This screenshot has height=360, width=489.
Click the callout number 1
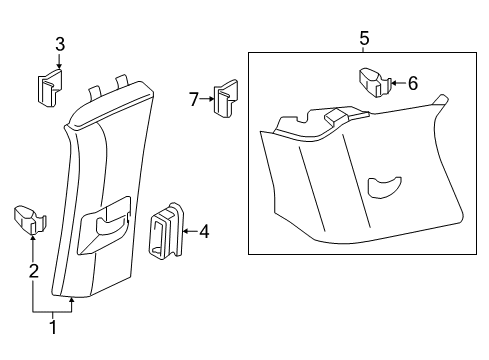[53, 327]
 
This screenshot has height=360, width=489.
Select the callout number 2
[34, 271]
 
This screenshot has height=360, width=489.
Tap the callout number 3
[60, 44]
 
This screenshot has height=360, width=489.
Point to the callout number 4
[204, 232]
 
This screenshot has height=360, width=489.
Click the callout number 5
[365, 38]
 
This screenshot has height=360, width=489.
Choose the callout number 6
[413, 83]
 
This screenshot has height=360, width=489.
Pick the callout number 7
[194, 99]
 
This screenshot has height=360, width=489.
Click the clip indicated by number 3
[49, 88]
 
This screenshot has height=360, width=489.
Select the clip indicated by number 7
[225, 98]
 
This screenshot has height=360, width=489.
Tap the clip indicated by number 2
[30, 220]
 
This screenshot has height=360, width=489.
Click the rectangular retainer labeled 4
[166, 231]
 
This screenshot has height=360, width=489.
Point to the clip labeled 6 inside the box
[375, 82]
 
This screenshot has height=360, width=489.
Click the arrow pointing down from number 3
[59, 62]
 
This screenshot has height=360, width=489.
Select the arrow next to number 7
[207, 99]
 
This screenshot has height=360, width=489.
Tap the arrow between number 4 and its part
[190, 231]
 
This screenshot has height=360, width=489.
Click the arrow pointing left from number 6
[398, 83]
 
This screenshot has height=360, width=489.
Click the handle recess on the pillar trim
[105, 227]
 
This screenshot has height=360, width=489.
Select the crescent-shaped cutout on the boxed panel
[384, 187]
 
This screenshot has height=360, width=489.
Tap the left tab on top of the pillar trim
[94, 93]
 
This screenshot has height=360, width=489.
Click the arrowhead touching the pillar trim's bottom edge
[71, 300]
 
